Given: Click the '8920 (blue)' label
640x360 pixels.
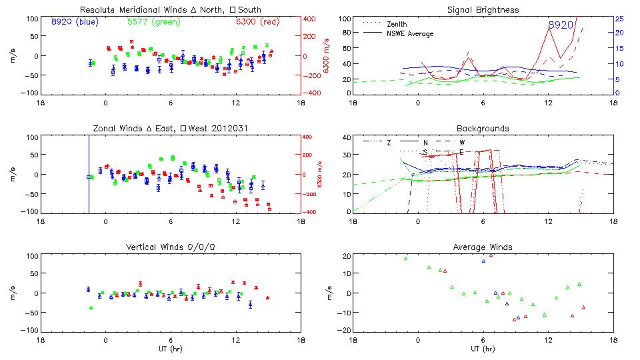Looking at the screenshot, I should pyautogui.click(x=75, y=22).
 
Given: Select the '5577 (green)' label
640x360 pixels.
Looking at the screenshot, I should pyautogui.click(x=152, y=22).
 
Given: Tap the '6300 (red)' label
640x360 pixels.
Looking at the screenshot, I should pyautogui.click(x=257, y=22).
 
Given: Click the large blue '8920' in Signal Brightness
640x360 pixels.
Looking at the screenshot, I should pyautogui.click(x=561, y=25).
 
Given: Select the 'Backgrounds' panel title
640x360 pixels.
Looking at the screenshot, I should pyautogui.click(x=483, y=128).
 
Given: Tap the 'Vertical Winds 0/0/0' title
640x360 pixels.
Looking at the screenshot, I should pyautogui.click(x=170, y=247).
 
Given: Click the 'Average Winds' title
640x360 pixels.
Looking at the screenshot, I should pyautogui.click(x=483, y=247).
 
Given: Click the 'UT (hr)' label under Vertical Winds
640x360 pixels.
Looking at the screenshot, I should pyautogui.click(x=170, y=349).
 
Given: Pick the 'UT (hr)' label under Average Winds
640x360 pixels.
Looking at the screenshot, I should pyautogui.click(x=483, y=349).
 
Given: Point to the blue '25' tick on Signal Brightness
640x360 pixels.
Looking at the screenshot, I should pyautogui.click(x=619, y=19).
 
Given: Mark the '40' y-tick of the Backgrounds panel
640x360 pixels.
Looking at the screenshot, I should pyautogui.click(x=345, y=138).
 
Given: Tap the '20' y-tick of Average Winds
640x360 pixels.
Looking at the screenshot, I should pyautogui.click(x=345, y=257).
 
